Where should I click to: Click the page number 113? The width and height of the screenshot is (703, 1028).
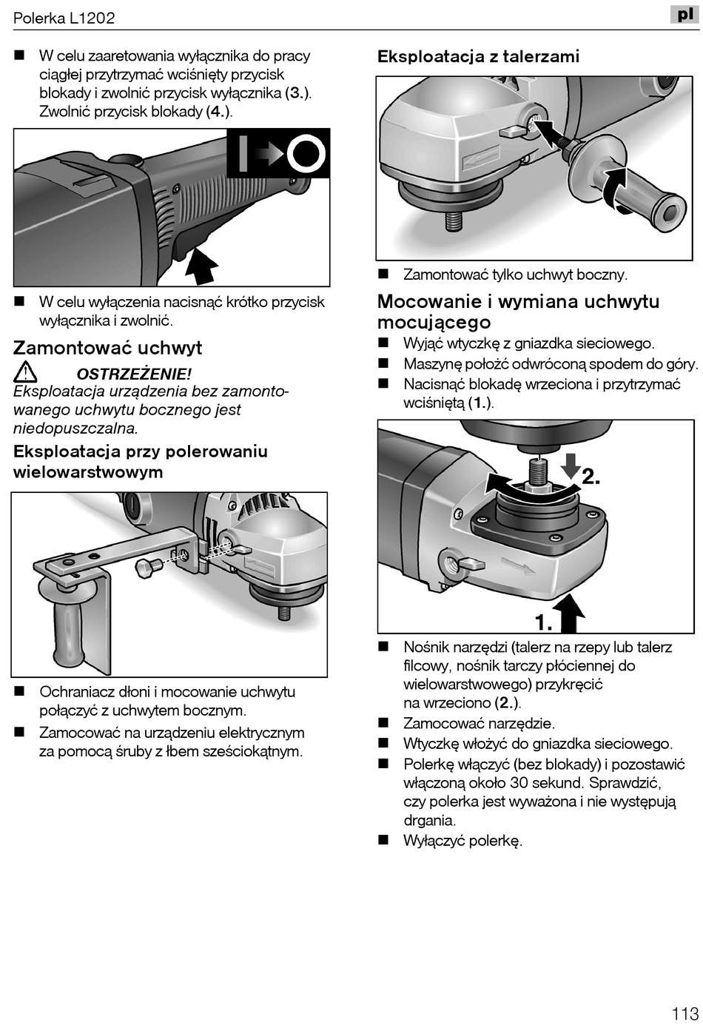[685, 1013]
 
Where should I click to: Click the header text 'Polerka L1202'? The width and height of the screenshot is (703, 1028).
[64, 18]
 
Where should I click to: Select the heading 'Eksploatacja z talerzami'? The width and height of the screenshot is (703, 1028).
[478, 56]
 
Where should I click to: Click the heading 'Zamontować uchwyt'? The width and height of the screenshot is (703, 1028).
[107, 348]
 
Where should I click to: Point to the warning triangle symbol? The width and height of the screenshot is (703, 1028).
[25, 372]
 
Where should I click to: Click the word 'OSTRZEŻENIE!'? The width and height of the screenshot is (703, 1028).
[134, 374]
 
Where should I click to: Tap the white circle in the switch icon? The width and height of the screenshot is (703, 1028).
[306, 155]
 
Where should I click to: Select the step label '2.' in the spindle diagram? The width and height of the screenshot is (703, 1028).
[591, 477]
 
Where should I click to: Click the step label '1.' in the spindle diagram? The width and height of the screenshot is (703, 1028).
[544, 622]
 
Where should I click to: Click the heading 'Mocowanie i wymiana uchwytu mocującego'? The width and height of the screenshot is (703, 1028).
[518, 312]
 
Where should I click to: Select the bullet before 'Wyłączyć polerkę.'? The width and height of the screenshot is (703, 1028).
[383, 840]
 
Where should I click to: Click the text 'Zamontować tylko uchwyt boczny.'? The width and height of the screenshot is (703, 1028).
[515, 275]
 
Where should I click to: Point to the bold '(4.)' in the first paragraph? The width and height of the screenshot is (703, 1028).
[218, 112]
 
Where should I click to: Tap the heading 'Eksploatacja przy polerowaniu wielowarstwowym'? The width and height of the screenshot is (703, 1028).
[141, 461]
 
